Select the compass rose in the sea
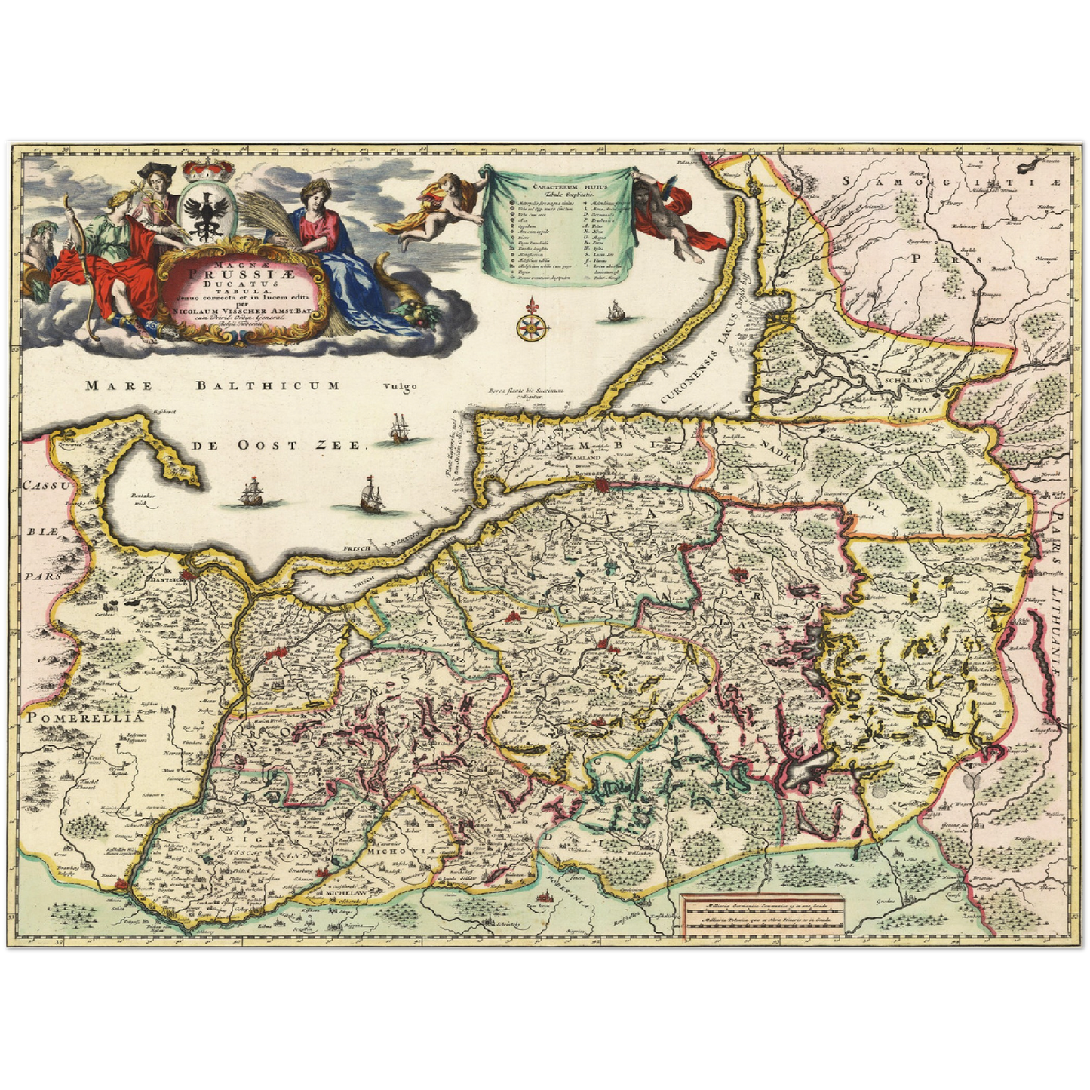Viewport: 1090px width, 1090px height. (532, 325)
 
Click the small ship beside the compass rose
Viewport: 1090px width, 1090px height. (616, 311)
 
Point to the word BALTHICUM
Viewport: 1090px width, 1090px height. (268, 385)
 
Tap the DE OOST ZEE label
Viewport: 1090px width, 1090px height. (277, 445)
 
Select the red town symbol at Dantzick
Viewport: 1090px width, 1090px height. (195, 576)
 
